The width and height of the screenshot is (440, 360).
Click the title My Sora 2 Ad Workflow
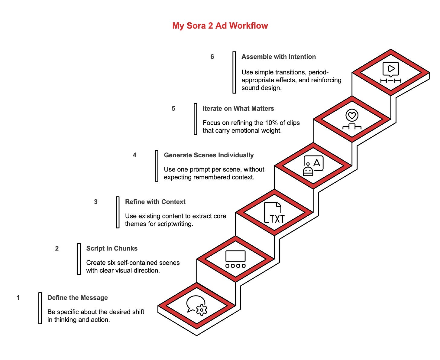point(220,26)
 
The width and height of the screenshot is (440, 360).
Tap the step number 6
point(212,57)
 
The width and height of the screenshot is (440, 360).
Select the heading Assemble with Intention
point(278,57)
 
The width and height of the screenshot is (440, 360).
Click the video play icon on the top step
point(390,72)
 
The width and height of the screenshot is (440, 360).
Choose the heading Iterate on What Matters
point(238,109)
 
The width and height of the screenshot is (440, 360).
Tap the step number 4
point(134,155)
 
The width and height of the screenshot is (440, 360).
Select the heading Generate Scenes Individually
point(209,155)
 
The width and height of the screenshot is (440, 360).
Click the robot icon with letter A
point(313,166)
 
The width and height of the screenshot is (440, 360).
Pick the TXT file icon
point(274,213)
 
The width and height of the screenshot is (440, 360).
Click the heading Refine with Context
point(155,202)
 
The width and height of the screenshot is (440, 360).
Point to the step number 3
point(96,202)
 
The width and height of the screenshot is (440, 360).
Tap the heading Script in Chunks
point(112,248)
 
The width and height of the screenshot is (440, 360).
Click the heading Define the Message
point(77,298)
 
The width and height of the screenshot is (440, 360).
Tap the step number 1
point(18,298)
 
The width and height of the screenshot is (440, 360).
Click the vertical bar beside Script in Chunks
point(79,259)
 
